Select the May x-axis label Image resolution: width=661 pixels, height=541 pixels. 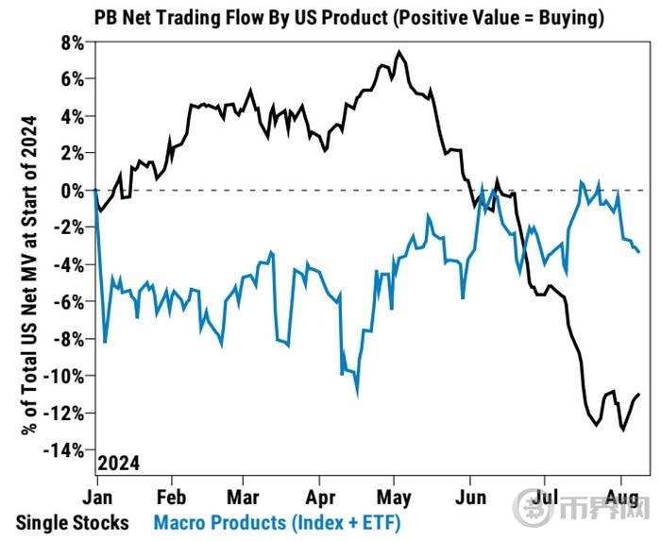click(x=395, y=496)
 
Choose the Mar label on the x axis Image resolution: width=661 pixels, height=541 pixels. click(x=245, y=496)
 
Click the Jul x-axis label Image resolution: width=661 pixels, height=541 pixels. click(x=545, y=496)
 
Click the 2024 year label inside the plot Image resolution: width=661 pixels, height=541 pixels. click(x=119, y=463)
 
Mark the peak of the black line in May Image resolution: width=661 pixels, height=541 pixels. click(x=399, y=53)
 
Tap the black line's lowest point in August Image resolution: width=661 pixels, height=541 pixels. click(x=623, y=430)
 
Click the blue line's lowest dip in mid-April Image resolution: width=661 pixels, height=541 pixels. click(x=357, y=394)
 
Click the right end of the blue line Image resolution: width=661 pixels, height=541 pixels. click(x=639, y=251)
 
